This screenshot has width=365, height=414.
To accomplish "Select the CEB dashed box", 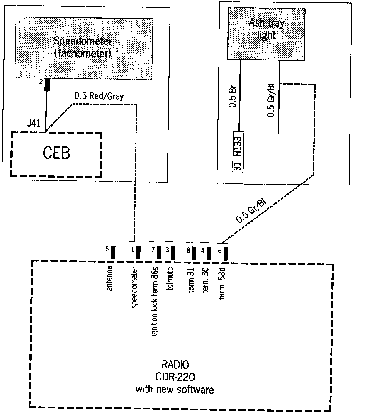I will [x=56, y=153].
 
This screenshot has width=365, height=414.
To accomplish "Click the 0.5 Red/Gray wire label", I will [x=99, y=96].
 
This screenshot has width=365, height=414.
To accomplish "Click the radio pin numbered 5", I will [x=113, y=252].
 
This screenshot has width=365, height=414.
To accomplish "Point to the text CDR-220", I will [x=175, y=377].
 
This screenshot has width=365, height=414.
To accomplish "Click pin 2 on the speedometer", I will [x=47, y=85].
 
